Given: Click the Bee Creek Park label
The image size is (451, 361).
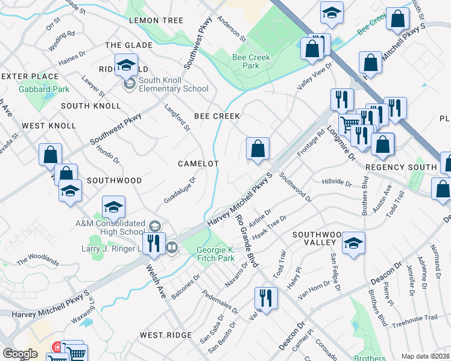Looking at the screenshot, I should [x=251, y=61].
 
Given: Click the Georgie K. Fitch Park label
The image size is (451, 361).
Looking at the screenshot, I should [x=215, y=254].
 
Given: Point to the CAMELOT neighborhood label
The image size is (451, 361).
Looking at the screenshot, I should [x=198, y=164].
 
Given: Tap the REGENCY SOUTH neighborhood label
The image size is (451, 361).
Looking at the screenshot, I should [x=400, y=167].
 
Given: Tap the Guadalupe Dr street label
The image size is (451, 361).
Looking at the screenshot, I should [x=180, y=190].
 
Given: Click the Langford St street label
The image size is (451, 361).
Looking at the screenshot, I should [x=177, y=117].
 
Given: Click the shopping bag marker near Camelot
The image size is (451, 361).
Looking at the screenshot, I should [x=257, y=149].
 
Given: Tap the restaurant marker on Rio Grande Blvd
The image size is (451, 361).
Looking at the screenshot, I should [x=265, y=298].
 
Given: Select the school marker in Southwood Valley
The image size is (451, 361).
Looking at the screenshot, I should [x=353, y=243].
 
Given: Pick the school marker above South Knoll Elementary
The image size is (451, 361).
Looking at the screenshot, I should [x=126, y=66].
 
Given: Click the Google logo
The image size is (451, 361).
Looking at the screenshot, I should [x=20, y=354].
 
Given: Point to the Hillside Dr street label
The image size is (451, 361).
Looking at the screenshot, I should [x=336, y=181].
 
